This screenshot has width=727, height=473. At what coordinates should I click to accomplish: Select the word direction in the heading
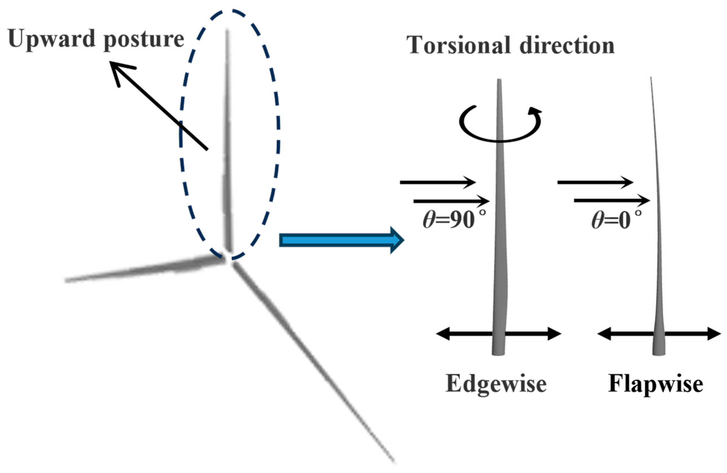(567, 45)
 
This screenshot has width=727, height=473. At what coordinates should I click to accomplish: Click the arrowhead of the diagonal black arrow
(118, 69)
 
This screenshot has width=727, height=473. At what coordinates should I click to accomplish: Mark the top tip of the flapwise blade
(651, 78)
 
